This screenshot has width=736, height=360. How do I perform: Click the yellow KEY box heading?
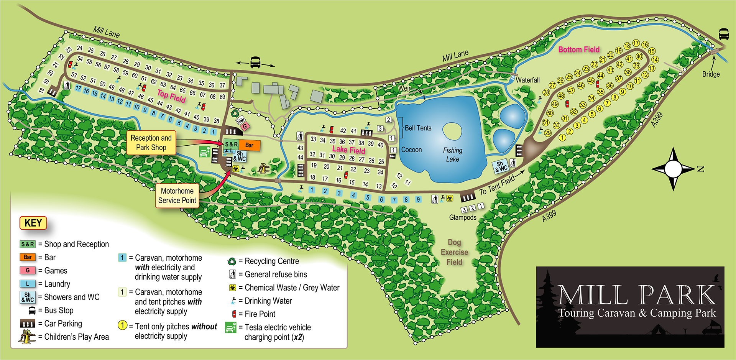click(x=33, y=223)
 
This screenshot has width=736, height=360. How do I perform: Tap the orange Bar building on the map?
click(x=249, y=145)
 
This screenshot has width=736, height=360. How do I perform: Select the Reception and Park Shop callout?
click(x=151, y=143)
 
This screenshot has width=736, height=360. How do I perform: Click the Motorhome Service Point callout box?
click(x=177, y=196)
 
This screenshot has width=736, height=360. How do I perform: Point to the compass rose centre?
click(x=673, y=169)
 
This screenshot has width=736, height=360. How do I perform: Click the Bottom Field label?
click(x=578, y=49)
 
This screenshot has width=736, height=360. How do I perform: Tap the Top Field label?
click(x=171, y=96)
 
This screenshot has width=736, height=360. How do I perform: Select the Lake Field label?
click(x=348, y=150)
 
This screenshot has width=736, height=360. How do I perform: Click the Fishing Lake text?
click(x=453, y=155)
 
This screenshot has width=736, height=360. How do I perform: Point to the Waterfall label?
click(x=527, y=80)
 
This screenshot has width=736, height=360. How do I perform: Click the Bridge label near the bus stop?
click(x=711, y=74)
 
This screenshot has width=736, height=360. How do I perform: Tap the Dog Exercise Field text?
click(x=454, y=252)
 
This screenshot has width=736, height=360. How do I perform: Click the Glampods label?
click(x=463, y=217)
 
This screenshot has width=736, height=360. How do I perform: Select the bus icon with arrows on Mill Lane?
click(x=255, y=62)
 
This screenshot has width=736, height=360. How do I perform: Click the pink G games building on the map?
click(x=245, y=126)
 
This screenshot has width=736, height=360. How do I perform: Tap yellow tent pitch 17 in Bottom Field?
click(x=636, y=43)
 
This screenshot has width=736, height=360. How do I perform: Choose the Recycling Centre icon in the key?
click(x=232, y=261)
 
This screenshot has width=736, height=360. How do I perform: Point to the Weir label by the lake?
click(x=404, y=88)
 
